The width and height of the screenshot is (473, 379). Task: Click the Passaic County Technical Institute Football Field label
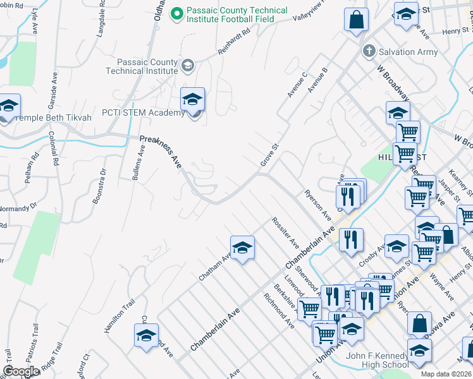(x=236, y=15)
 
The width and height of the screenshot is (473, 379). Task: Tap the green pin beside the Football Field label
(x=178, y=12)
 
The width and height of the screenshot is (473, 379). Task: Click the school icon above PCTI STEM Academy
(x=192, y=99)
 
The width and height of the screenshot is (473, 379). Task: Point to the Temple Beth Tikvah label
(x=53, y=117)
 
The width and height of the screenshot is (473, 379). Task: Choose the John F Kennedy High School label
(x=377, y=360)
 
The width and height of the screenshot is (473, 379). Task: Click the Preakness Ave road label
(x=161, y=152)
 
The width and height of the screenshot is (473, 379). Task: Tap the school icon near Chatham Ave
(x=242, y=248)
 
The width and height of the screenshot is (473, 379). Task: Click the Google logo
(x=21, y=371)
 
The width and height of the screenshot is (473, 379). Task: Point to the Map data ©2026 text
(x=445, y=374)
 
